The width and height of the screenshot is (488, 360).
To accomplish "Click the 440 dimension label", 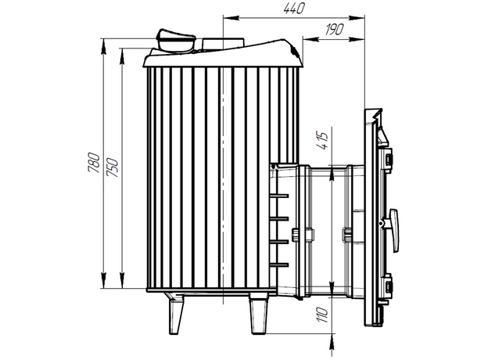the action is pyautogui.click(x=294, y=9).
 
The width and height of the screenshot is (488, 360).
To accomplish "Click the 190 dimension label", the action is pyautogui.click(x=334, y=29).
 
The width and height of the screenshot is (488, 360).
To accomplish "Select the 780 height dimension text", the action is pyautogui.click(x=94, y=162).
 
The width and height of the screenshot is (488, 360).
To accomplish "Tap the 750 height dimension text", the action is pyautogui.click(x=112, y=167).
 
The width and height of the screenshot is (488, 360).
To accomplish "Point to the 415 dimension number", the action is pyautogui.click(x=323, y=141).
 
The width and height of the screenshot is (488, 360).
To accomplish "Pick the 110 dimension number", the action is pyautogui.click(x=323, y=315).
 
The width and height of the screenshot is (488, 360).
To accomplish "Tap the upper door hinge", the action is pyautogui.click(x=388, y=160).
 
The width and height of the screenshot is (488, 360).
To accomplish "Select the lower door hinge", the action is pyautogui.click(x=388, y=286).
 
